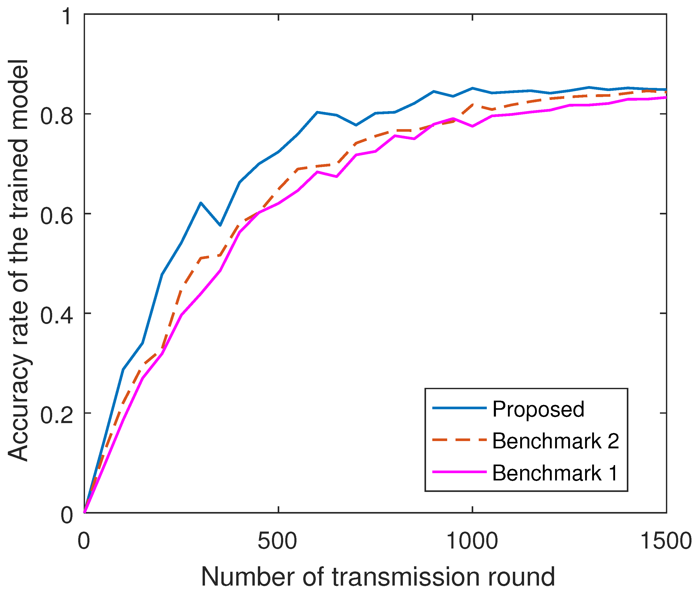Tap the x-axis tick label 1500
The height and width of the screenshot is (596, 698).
[x=665, y=541]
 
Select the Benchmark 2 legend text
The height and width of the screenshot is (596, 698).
[x=555, y=441]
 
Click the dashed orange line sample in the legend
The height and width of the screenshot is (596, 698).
[x=459, y=440]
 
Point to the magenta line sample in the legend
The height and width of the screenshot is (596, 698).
[x=459, y=472]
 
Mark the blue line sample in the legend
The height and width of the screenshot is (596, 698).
[x=459, y=408]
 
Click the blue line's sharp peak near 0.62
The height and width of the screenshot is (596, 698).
[x=201, y=203]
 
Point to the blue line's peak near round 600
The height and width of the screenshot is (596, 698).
[x=317, y=112]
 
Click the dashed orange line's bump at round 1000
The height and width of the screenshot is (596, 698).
[x=473, y=105]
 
